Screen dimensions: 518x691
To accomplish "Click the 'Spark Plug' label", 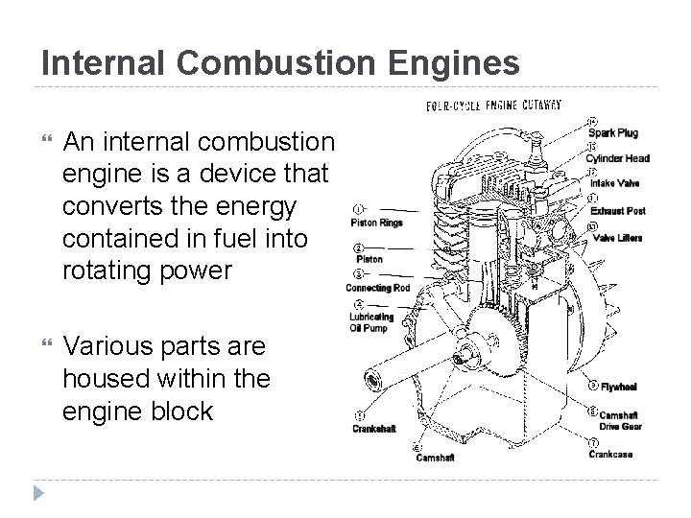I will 613,132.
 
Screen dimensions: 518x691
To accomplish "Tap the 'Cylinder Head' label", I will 619,157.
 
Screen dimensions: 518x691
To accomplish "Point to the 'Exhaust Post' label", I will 617,209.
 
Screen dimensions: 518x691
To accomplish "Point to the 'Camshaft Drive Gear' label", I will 619,420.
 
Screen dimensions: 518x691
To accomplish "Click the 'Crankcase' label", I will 611,454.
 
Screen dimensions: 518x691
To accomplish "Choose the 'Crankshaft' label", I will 374,429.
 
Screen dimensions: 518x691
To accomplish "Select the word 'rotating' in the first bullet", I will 105,271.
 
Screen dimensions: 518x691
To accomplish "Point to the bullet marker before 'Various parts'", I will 45,342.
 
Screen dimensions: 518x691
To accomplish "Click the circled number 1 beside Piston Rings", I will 357,207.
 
